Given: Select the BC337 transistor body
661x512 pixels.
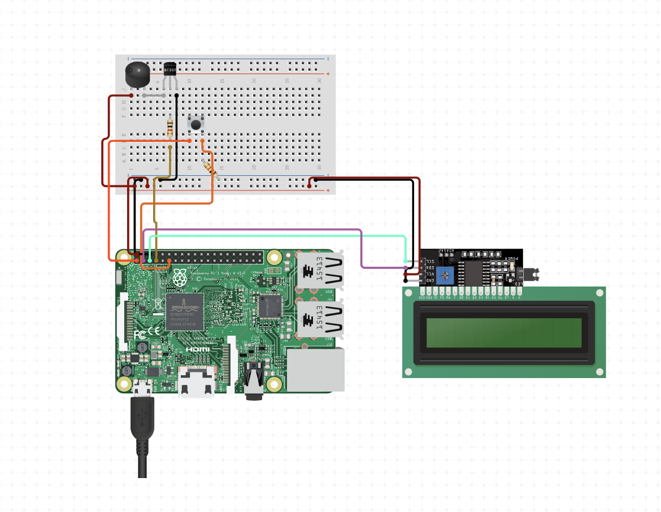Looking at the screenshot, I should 170,70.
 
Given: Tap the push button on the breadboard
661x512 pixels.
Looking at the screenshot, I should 196,123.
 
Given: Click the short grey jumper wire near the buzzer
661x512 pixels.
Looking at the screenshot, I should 154,96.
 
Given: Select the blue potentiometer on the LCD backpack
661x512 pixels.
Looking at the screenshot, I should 446,275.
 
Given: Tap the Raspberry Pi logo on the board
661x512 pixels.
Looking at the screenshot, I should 180,277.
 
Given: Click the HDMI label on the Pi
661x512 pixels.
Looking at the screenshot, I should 198,349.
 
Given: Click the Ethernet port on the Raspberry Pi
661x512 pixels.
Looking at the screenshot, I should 316,370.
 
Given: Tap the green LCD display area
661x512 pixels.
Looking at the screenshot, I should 504,333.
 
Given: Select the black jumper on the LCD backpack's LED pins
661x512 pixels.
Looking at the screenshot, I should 531,275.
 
